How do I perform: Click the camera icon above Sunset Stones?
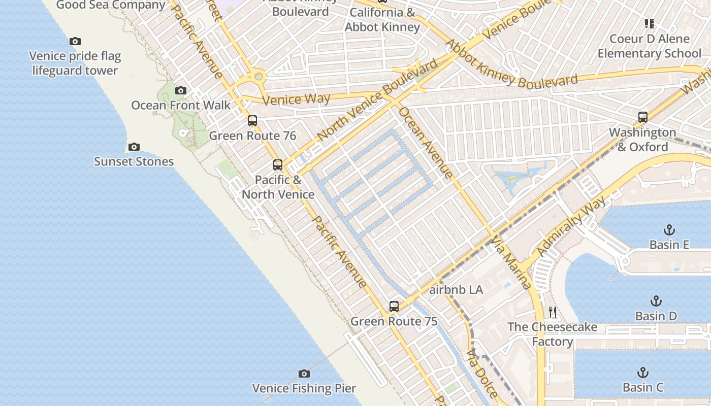click(134, 147)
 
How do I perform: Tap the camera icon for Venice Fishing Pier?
click(304, 374)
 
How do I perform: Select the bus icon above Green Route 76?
click(252, 121)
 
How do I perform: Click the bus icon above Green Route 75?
click(394, 307)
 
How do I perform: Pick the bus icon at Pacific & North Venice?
click(277, 165)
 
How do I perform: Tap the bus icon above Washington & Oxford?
click(642, 117)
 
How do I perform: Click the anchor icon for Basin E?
click(669, 230)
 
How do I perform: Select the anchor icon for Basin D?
click(656, 301)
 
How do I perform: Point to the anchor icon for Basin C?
click(643, 373)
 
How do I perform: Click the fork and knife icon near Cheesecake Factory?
click(553, 312)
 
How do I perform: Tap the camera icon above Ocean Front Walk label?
click(180, 91)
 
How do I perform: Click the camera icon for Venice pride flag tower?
click(75, 42)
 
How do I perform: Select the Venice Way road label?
click(297, 99)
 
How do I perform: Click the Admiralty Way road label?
click(571, 226)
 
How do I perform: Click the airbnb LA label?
click(456, 290)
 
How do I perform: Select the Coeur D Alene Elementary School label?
click(649, 46)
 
